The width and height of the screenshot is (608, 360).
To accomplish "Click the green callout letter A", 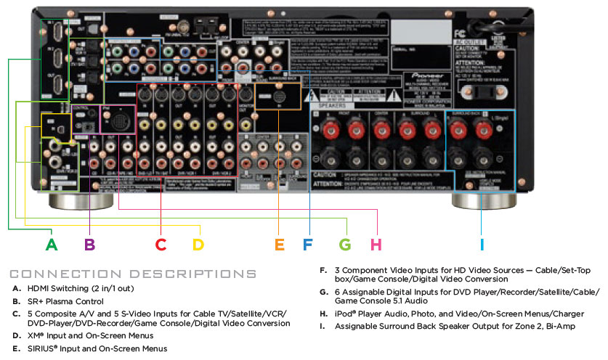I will click(52, 244).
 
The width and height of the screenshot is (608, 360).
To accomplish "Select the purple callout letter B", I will click(90, 244).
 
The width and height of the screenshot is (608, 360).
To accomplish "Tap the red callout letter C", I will click(161, 244).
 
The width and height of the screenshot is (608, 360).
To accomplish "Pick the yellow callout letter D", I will click(198, 244).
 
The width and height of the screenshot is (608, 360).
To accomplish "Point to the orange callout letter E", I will click(280, 244).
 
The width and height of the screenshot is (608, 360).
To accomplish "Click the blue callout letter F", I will click(307, 244).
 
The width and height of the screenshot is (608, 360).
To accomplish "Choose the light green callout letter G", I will click(346, 244).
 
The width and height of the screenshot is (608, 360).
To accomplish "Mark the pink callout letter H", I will click(376, 244).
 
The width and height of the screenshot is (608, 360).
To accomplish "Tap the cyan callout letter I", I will click(481, 244).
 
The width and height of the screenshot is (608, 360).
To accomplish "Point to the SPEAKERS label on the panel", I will click(331, 104).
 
